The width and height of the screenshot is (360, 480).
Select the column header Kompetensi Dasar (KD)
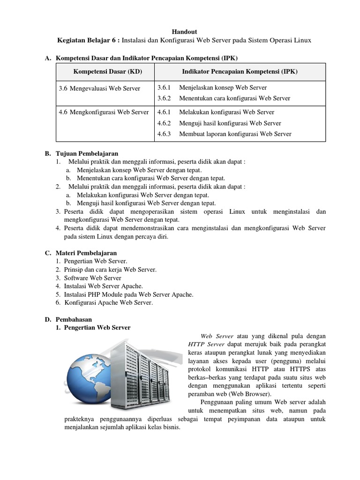[107, 72]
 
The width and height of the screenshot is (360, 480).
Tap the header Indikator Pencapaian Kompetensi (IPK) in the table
[240, 72]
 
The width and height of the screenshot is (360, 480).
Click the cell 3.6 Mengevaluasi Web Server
[99, 88]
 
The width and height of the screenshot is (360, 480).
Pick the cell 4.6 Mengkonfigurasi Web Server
[104, 112]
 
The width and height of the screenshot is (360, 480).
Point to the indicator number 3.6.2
[165, 98]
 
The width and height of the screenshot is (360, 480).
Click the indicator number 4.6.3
[165, 134]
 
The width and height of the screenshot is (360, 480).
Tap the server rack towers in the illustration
[145, 373]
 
